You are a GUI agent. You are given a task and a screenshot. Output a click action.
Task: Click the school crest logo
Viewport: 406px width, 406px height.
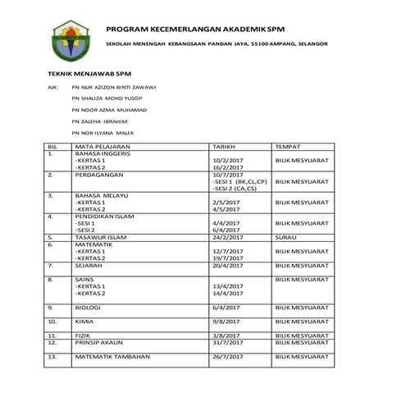66,40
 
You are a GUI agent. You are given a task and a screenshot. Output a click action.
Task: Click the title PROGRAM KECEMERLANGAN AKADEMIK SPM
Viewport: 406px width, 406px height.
200,27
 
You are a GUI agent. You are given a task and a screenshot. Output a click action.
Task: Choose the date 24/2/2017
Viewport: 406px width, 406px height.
227,237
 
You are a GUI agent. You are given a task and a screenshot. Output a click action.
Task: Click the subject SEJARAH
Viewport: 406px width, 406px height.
90,266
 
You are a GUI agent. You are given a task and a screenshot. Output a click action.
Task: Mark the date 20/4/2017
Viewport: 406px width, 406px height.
227,266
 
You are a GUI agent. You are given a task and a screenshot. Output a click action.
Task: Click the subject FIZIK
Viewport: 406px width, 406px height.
84,336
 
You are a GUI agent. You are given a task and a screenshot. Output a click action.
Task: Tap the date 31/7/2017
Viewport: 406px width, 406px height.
227,343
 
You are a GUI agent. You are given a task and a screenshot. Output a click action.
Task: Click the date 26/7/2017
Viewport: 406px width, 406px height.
227,358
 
